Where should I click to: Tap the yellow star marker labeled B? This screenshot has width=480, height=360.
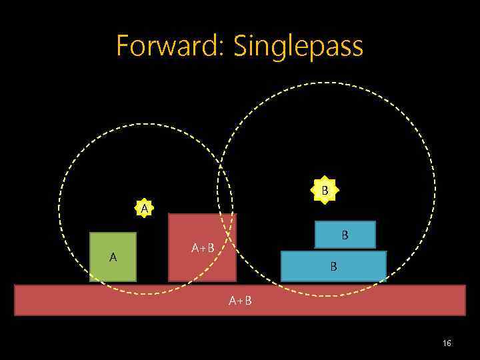click(x=325, y=191)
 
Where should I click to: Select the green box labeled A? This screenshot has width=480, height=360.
click(x=113, y=257)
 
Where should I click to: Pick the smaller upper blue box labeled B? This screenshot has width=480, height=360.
click(x=345, y=235)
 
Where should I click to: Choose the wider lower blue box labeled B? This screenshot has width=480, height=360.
click(x=333, y=266)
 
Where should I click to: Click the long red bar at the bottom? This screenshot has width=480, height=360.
click(x=240, y=300)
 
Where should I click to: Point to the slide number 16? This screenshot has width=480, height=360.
click(x=447, y=343)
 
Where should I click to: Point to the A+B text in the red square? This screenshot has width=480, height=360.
click(x=203, y=249)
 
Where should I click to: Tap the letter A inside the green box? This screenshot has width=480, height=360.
click(x=113, y=257)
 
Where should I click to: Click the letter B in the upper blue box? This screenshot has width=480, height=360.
click(x=345, y=235)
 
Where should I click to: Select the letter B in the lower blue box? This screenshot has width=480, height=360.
click(x=333, y=266)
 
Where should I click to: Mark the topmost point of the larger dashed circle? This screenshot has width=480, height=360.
click(x=326, y=82)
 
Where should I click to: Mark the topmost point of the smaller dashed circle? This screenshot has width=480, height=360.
click(x=145, y=124)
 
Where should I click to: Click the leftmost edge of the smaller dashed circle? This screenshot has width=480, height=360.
click(x=59, y=209)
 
